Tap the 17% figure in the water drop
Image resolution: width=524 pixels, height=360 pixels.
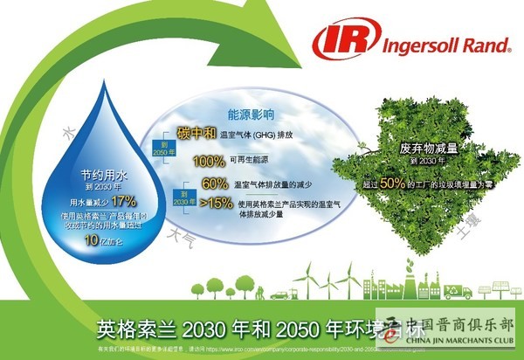pos(123,200)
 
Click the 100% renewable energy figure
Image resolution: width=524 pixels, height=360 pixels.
pos(209,161)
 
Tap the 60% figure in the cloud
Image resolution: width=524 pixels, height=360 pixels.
pos(214,183)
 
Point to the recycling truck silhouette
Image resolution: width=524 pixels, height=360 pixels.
pos(457,291)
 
